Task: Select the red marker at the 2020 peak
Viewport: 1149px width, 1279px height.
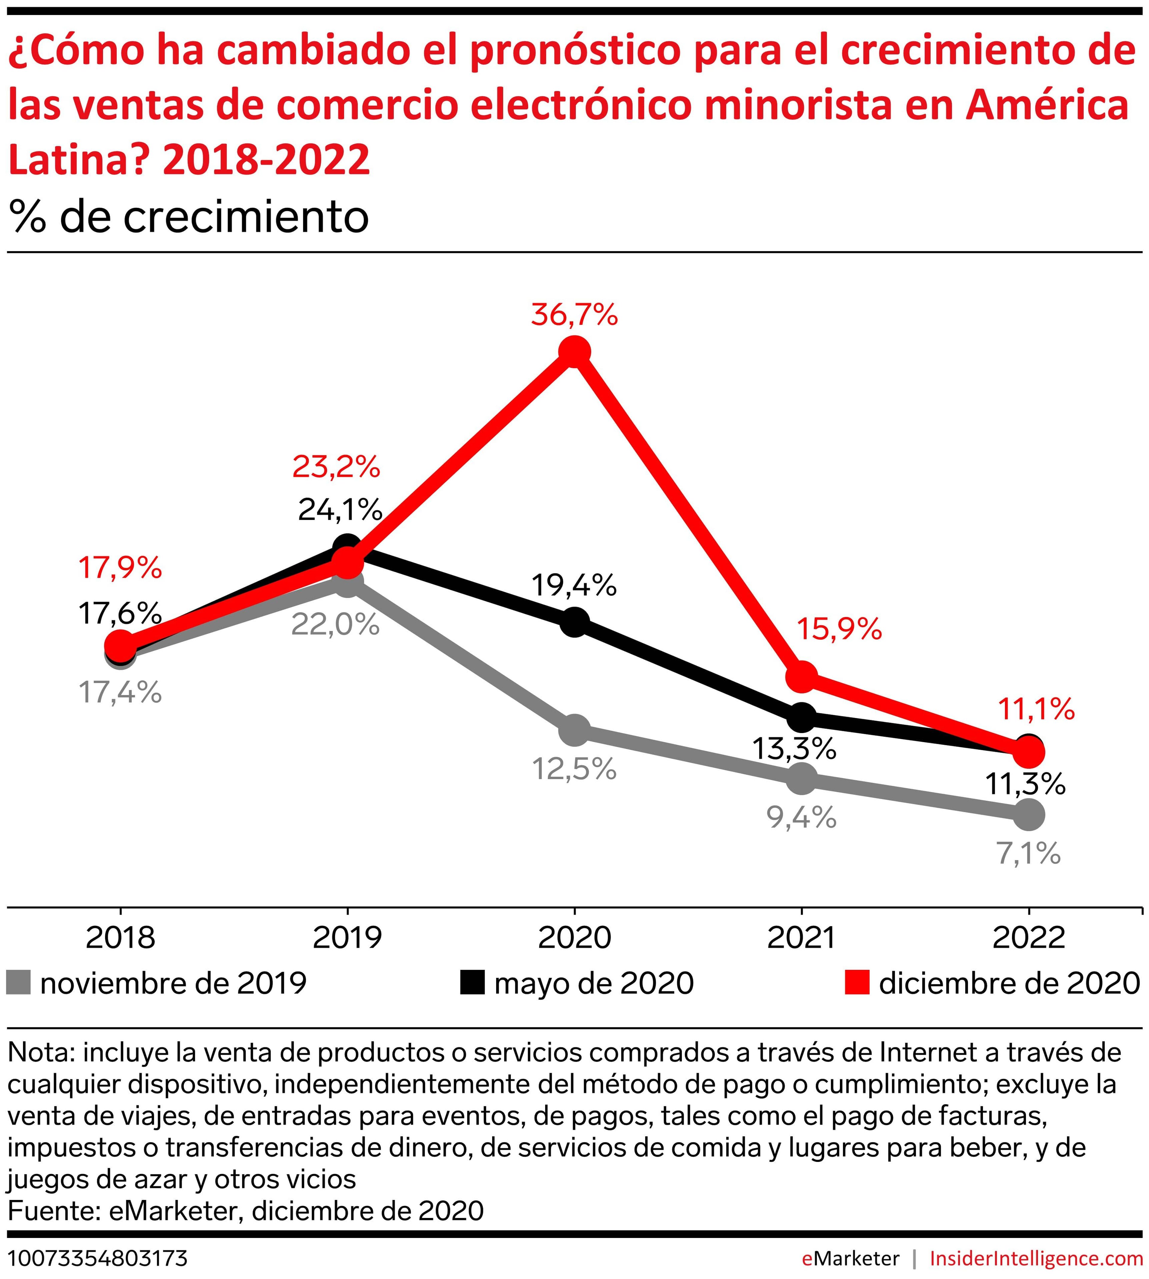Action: pos(574,352)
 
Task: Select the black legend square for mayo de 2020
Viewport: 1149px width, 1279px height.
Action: pos(472,983)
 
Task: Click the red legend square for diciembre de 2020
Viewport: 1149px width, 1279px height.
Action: pos(857,983)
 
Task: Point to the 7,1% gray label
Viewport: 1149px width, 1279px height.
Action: pos(1028,854)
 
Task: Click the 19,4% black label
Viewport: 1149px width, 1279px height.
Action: pos(574,586)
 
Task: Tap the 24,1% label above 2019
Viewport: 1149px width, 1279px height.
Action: pos(340,510)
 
